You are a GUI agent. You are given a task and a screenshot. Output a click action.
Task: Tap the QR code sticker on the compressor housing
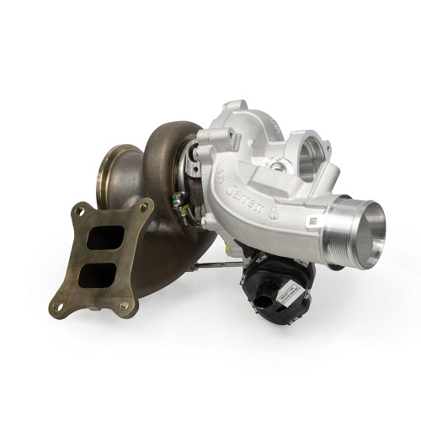click(312, 221)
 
